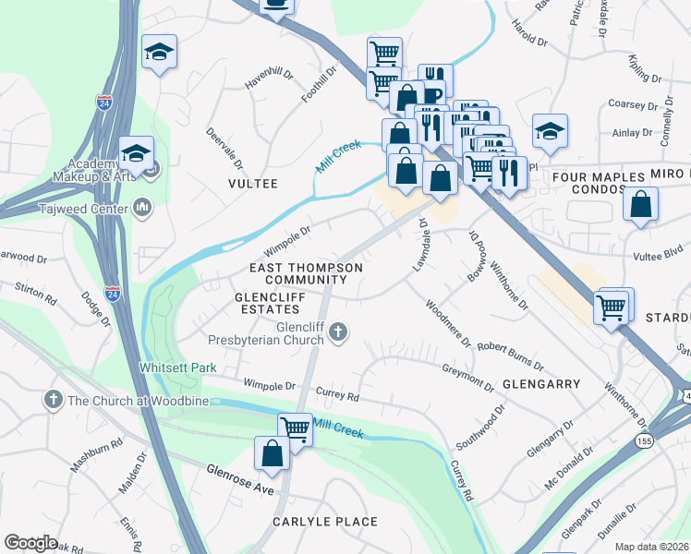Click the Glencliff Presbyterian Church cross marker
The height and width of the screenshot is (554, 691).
pos(339,331)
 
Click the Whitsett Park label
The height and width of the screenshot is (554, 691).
pos(177,367)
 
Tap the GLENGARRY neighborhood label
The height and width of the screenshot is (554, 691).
pos(541,383)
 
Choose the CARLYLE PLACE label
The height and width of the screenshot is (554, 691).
pos(324,522)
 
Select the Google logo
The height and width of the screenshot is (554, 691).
pos(30,542)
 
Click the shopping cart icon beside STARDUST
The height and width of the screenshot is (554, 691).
pos(612,308)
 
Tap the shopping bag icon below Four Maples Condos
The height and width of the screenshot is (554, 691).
pos(640,204)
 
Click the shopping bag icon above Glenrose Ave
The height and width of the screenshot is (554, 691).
pos(272,454)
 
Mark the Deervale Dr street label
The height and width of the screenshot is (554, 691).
pos(224,149)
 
